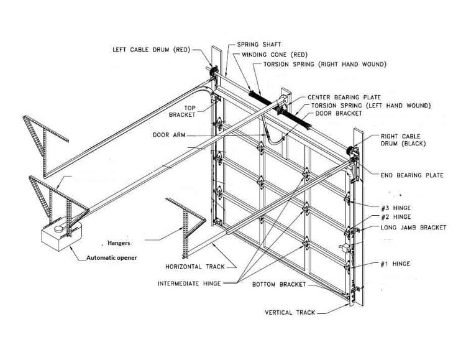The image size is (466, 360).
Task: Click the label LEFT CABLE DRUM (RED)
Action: (x=150, y=49)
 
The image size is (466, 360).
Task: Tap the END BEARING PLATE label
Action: (x=411, y=175)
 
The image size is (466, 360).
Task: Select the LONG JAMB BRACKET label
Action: (x=413, y=228)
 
